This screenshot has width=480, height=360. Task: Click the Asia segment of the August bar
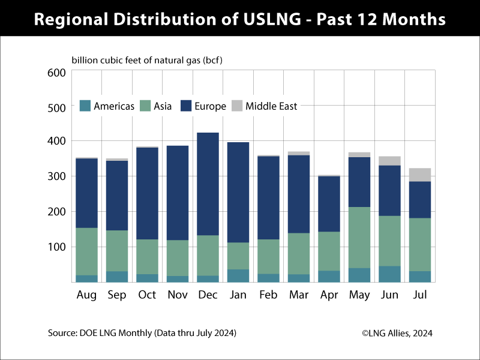click(x=86, y=251)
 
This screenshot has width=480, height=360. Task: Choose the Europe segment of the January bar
click(x=238, y=192)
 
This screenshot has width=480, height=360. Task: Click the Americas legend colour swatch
click(x=85, y=106)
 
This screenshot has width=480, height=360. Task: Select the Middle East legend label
click(x=271, y=106)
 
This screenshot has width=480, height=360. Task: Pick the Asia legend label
click(x=163, y=106)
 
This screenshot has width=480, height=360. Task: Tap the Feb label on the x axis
click(x=269, y=295)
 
